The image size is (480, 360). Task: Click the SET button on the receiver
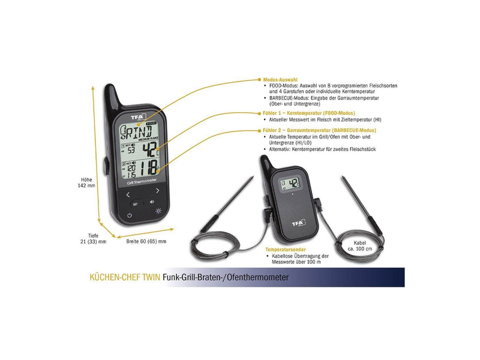pos(136,204)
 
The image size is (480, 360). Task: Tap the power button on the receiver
pos(130,215)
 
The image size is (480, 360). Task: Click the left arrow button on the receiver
pos(128,194)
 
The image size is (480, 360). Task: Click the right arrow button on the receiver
pos(157,191)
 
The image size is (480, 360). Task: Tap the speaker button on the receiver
pos(152,202)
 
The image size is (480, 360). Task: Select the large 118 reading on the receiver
pos(148,168)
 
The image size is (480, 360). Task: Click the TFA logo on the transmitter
pos(298,223)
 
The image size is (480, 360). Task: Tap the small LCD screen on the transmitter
pos(290,184)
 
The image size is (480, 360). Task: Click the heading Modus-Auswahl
pos(280,80)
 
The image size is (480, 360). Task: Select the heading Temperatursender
pos(286,250)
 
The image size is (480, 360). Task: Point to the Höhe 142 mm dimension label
pos(86,182)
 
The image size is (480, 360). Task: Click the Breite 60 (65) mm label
pos(146,241)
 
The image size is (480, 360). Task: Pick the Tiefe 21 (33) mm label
pos(94,238)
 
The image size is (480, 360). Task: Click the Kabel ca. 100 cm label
pos(359,246)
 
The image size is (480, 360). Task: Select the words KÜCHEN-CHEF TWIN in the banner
pos(125,277)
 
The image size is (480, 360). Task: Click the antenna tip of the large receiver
pos(109,85)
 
